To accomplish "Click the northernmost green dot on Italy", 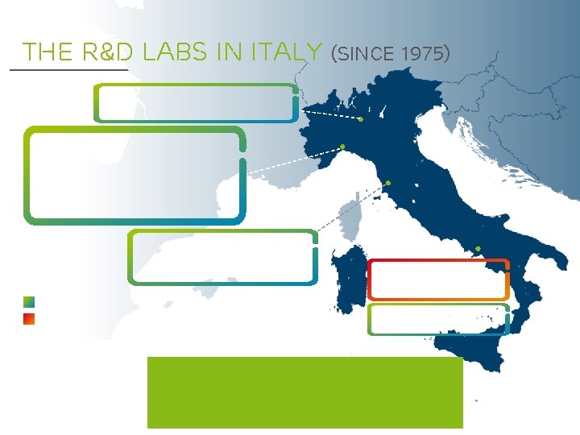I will tap(361, 119).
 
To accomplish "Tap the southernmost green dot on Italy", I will tap(478, 248).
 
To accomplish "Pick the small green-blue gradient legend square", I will tap(29, 302).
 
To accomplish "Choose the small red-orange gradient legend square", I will tap(29, 318).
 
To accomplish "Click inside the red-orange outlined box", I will tap(438, 280).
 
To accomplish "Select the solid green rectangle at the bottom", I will tap(304, 392).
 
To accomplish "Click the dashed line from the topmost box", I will tap(330, 114).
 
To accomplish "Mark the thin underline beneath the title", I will tap(68, 70).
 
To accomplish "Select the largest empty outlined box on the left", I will tap(135, 174).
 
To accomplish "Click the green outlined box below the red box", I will tap(438, 319).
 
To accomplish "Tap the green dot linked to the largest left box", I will tap(342, 147).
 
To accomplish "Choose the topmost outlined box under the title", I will tap(197, 102).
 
